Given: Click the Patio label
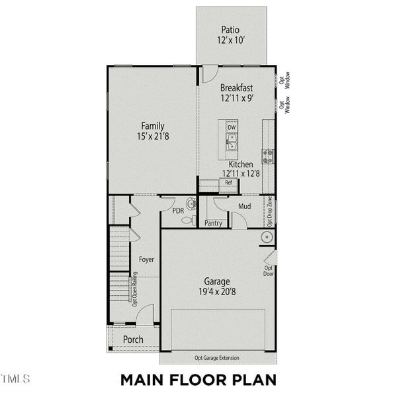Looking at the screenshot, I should pos(231,30).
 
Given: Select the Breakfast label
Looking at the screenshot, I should pos(236,87).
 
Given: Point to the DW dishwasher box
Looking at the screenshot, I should pos(232,127).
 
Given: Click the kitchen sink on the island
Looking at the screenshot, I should pos(232,142).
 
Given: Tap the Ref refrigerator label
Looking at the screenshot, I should pos(228,183).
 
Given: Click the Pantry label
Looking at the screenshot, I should pos(213,224).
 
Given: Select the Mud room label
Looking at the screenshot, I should pos(245,206).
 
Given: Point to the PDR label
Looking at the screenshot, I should pos(177,211).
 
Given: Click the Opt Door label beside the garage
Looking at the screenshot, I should pos(269,270).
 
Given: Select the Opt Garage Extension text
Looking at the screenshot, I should pos(217,358).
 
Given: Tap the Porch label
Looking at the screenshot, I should pos(133,339).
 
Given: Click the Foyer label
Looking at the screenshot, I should pos(146,259).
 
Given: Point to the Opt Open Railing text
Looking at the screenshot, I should pos(134,289).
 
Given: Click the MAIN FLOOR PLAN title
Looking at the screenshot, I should pos(197,380).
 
